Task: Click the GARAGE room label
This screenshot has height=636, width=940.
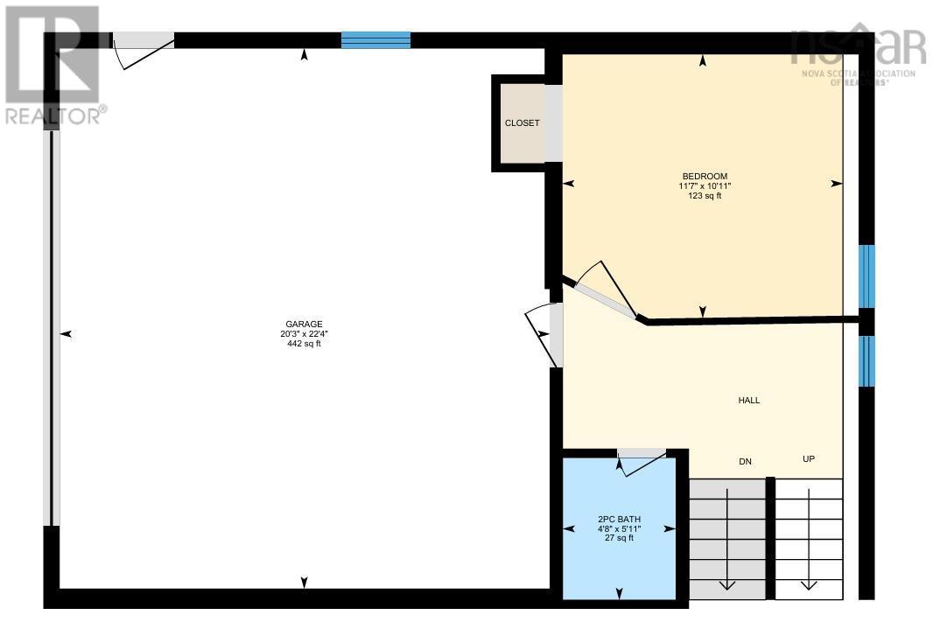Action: pyautogui.click(x=304, y=323)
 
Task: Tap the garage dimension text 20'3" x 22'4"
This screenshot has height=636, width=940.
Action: pyautogui.click(x=304, y=333)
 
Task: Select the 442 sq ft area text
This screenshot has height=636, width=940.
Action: pyautogui.click(x=304, y=344)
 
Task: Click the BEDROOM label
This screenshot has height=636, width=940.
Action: pyautogui.click(x=705, y=176)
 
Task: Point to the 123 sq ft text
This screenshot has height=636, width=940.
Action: pyautogui.click(x=705, y=196)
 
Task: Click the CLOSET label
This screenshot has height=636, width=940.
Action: pyautogui.click(x=522, y=123)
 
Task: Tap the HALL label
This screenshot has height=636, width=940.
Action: pyautogui.click(x=748, y=401)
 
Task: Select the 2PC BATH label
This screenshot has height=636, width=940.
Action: pyautogui.click(x=618, y=519)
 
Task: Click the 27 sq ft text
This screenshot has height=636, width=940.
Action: pyautogui.click(x=618, y=538)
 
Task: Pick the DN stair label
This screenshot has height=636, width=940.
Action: pyautogui.click(x=745, y=461)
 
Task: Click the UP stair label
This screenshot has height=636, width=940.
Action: pyautogui.click(x=809, y=459)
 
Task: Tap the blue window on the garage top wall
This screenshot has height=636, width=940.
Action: pyautogui.click(x=375, y=40)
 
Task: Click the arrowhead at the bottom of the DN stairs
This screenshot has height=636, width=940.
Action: pyautogui.click(x=726, y=584)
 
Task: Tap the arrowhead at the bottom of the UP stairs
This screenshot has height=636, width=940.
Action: pyautogui.click(x=809, y=584)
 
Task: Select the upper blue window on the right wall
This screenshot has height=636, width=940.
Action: pyautogui.click(x=866, y=276)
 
